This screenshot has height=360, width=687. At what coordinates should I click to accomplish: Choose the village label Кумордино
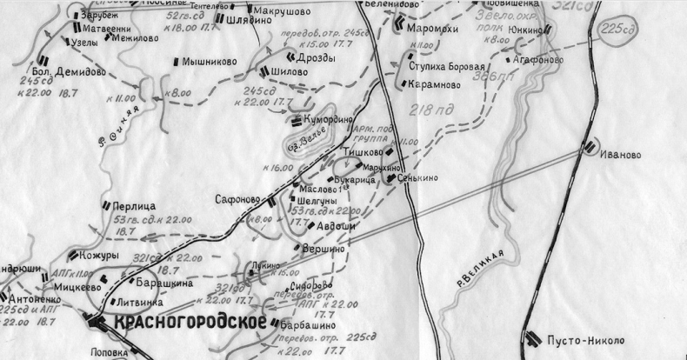click(x=335, y=122)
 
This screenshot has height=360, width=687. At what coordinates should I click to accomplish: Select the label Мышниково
click(x=208, y=62)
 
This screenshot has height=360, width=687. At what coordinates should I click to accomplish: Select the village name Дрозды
click(x=317, y=57)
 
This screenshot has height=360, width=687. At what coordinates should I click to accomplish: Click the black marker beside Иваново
click(x=590, y=148)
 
